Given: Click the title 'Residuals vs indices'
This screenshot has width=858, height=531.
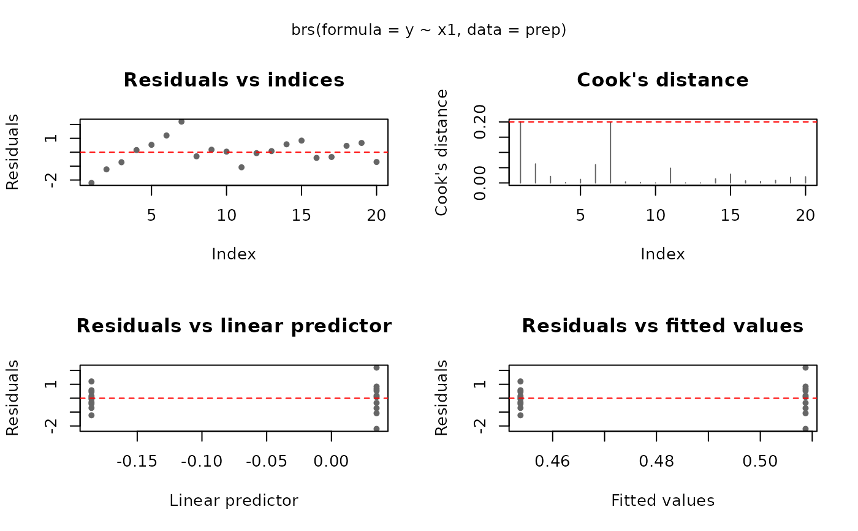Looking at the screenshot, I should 233,80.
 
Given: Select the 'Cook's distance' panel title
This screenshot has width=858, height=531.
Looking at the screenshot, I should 662,80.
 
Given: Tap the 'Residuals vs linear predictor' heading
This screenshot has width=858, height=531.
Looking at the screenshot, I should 233,326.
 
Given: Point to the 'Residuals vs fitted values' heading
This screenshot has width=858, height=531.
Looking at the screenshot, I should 662,326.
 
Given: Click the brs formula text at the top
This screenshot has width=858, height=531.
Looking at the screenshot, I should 429,30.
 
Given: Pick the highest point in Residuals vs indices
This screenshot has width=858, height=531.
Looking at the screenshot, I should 181,121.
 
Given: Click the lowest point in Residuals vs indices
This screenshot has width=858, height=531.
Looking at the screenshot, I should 91,183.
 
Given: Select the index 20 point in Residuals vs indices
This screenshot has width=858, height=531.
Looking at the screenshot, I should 376,162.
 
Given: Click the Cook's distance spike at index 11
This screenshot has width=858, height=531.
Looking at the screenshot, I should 670,175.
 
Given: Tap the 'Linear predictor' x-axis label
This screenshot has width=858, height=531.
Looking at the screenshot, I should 233,501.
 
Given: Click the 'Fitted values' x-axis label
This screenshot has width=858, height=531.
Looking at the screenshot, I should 662,501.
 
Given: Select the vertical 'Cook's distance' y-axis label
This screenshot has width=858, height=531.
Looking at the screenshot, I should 441,153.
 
